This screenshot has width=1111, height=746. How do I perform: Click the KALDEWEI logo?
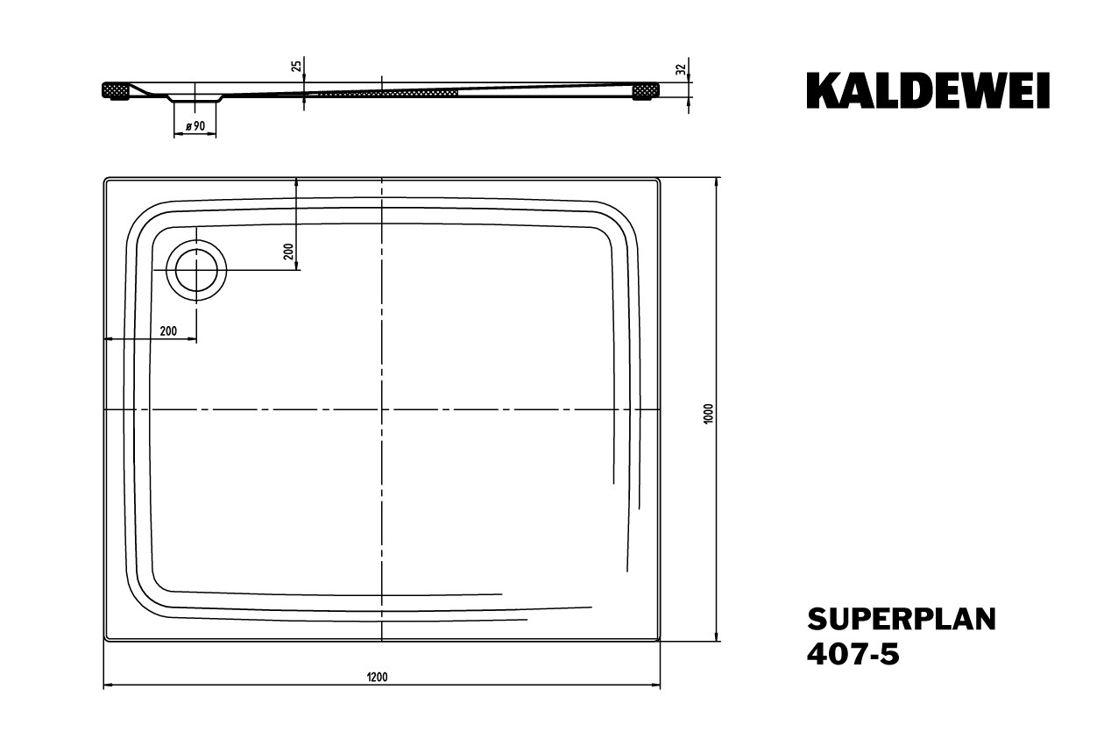928,91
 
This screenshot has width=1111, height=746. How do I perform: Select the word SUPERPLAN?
901,619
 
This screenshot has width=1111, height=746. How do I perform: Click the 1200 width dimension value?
378,677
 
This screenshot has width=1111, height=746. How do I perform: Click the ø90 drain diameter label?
195,127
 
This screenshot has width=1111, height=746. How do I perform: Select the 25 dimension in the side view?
297,66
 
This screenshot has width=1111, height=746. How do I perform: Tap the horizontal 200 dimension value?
169,331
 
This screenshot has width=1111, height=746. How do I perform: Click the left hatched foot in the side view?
117,90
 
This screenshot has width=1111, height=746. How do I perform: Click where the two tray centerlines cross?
382,409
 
